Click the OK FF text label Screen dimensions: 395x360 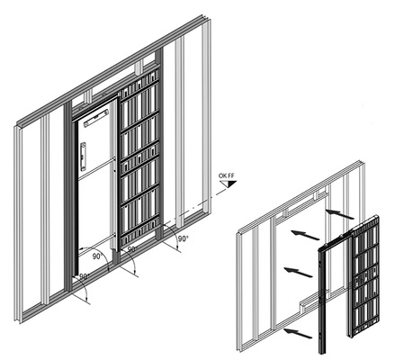tap(226, 175)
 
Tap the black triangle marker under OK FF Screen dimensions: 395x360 tap(231, 184)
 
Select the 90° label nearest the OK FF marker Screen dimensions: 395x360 tap(183, 238)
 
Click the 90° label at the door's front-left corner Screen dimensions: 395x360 tap(85, 276)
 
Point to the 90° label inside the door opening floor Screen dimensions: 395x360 tap(97, 256)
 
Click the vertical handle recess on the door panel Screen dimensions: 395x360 tap(83, 157)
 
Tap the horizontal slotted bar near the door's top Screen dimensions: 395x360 tap(96, 118)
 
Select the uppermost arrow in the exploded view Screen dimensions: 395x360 tap(339, 214)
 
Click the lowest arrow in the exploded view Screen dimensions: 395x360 tap(298, 333)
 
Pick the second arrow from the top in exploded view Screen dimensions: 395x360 tap(305, 235)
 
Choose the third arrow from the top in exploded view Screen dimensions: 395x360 tap(298, 272)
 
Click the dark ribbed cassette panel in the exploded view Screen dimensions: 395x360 tap(364, 275)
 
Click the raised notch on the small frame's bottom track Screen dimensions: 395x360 tap(305, 303)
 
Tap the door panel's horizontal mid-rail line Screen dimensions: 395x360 tap(96, 169)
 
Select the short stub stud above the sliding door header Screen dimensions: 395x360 tap(139, 67)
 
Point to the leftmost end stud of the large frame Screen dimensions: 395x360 tap(18, 223)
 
